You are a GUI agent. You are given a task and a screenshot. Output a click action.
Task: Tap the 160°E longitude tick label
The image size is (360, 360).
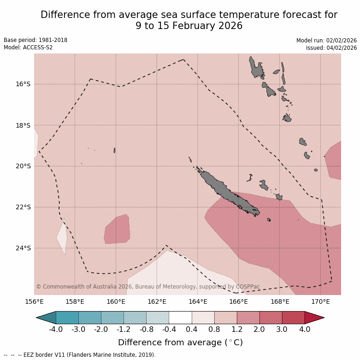(x=116, y=302)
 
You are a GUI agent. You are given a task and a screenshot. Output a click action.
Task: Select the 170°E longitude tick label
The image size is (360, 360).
(x=320, y=302)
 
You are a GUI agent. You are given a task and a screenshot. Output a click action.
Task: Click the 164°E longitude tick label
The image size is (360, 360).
(x=198, y=302)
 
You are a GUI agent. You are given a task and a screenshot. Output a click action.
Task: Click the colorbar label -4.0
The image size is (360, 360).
(x=56, y=329)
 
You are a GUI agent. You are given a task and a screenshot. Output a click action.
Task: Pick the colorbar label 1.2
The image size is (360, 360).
(x=237, y=329)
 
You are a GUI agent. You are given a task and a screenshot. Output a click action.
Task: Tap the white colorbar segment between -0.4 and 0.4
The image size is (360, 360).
(x=180, y=318)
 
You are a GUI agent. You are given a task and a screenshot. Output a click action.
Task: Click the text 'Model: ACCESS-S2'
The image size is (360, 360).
(x=28, y=47)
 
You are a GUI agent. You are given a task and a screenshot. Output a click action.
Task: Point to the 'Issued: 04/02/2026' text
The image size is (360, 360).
(x=331, y=47)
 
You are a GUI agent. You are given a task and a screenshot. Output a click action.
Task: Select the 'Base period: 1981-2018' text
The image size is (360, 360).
(x=35, y=40)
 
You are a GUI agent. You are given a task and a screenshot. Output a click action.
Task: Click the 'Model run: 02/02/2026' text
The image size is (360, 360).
(x=326, y=40)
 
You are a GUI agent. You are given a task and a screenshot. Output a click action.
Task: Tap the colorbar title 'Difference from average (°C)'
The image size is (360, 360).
(x=180, y=342)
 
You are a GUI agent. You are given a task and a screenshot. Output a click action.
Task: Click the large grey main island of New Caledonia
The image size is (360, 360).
(x=226, y=191)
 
